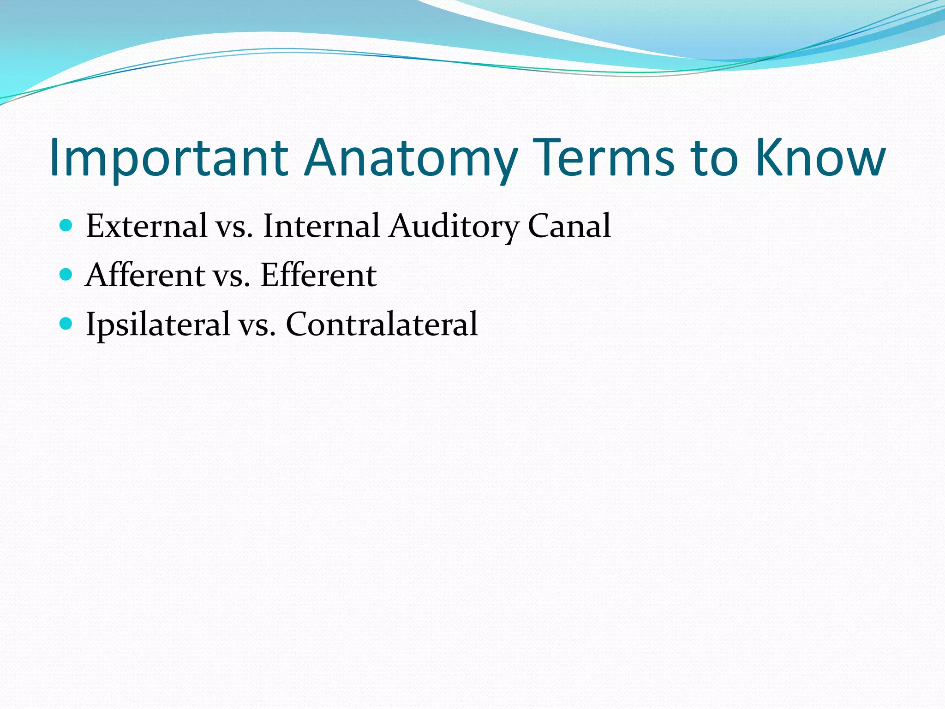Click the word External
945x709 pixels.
[x=146, y=226]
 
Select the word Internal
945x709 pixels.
[x=321, y=226]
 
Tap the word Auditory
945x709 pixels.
[x=454, y=227]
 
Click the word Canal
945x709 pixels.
[x=569, y=226]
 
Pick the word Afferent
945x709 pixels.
[x=145, y=275]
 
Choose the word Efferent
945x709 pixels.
[x=318, y=275]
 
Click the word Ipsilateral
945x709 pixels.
[x=158, y=324]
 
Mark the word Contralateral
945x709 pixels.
[x=382, y=324]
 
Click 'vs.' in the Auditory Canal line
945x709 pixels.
[x=234, y=228]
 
